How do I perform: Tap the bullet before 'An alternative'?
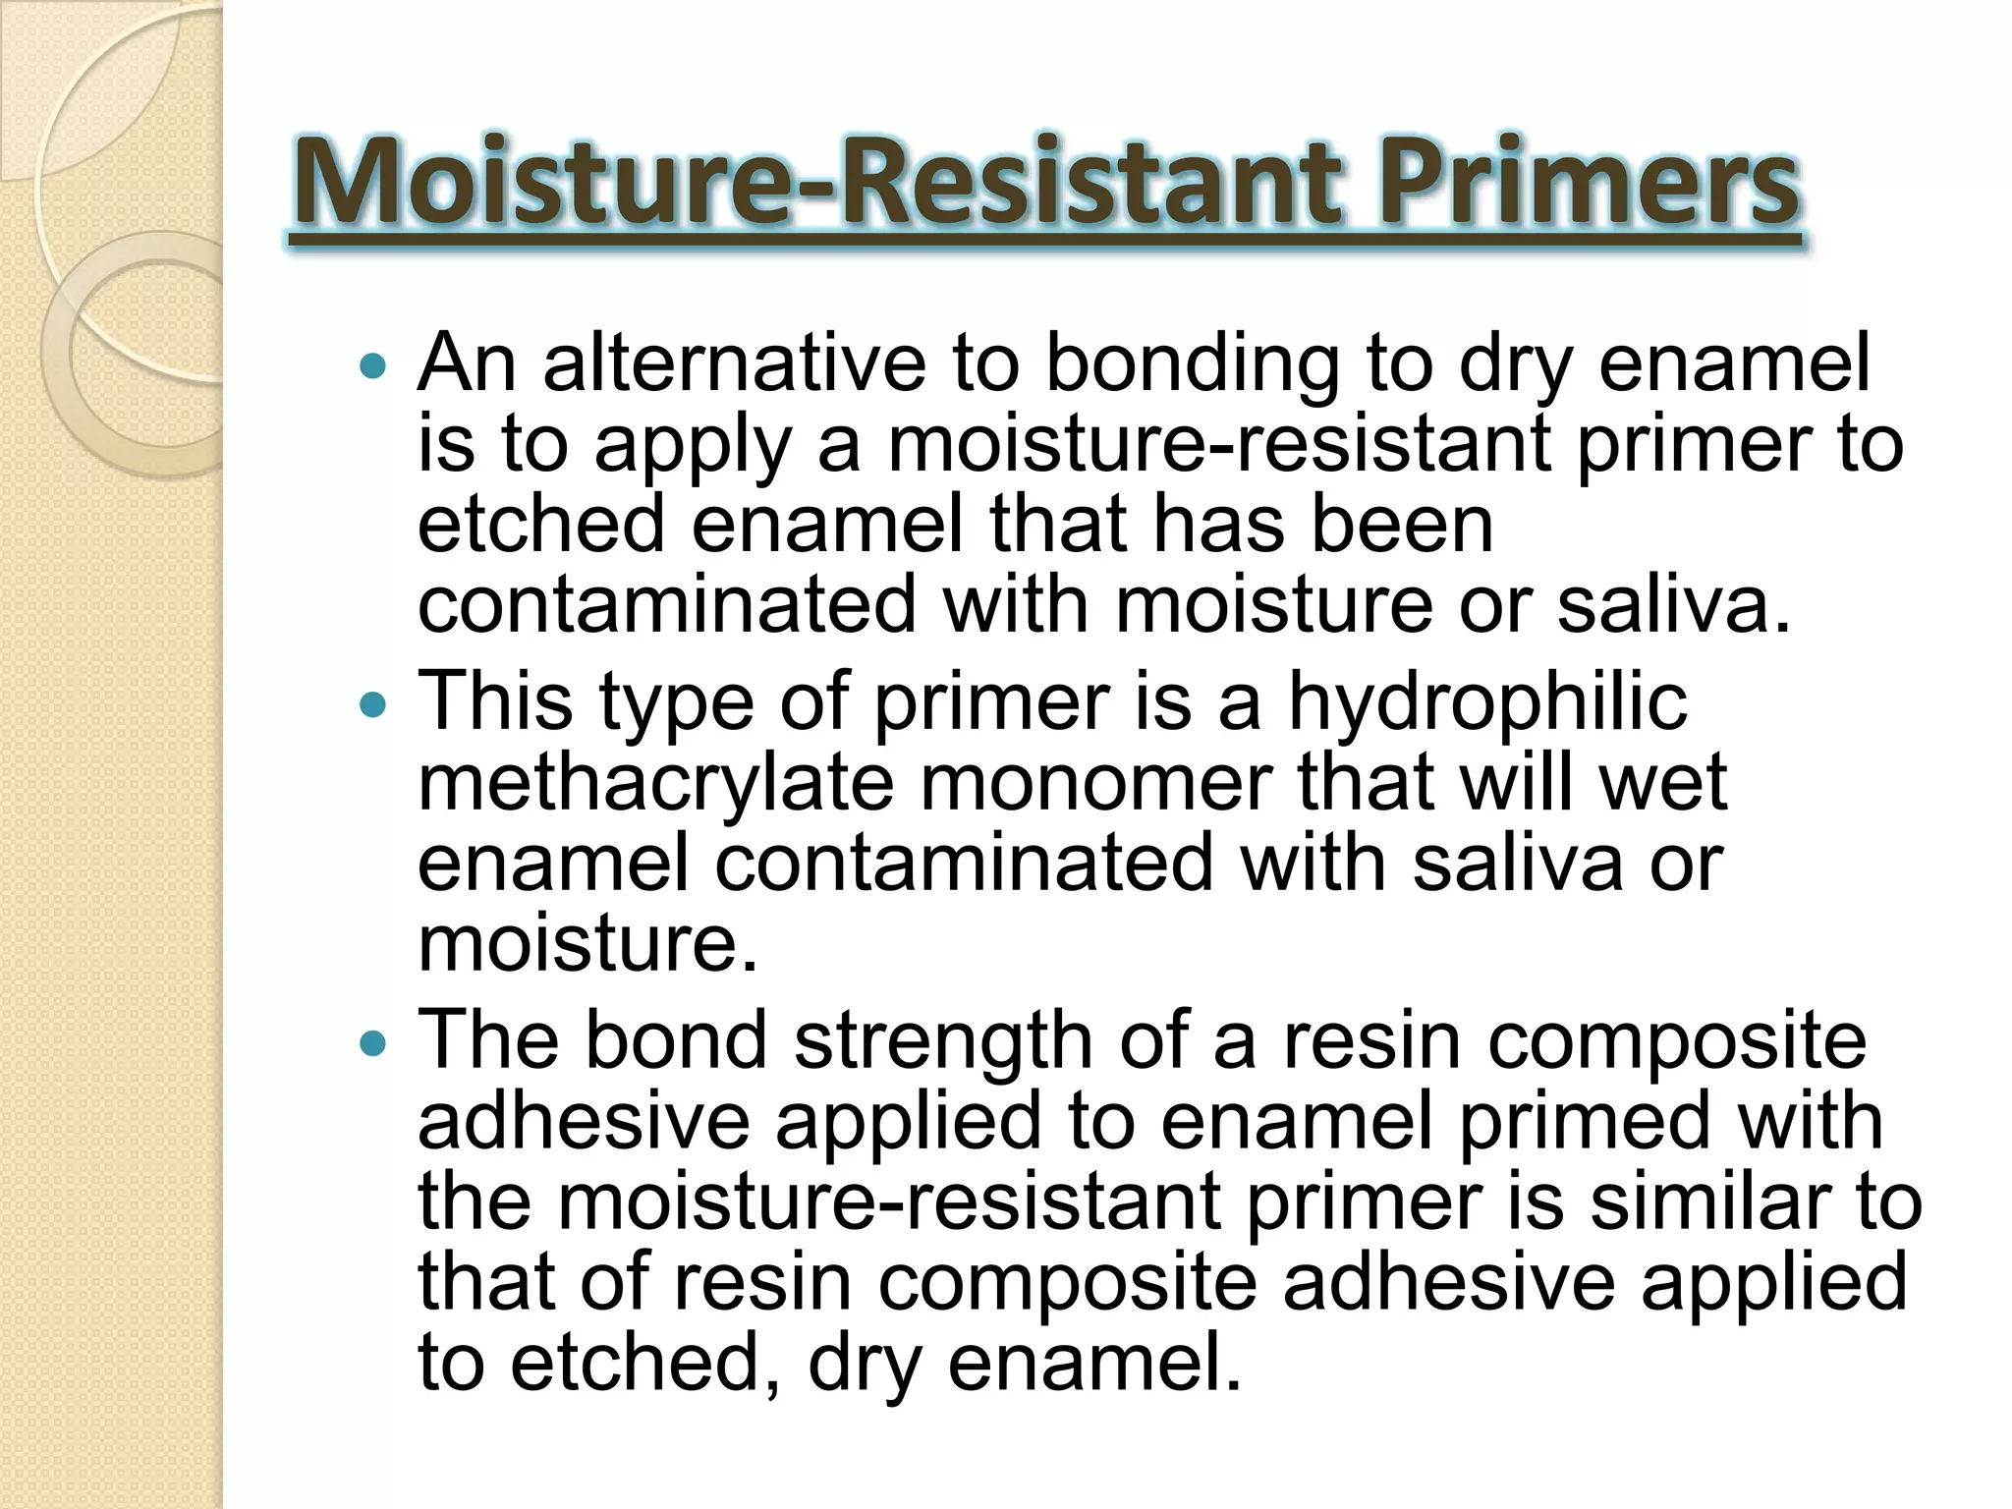pos(373,367)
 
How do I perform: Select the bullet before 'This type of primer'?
pos(373,704)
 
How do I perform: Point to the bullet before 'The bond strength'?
pos(373,1042)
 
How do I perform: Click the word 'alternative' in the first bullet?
pos(734,363)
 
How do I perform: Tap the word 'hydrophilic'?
pos(1487,703)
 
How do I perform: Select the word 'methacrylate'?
pos(656,783)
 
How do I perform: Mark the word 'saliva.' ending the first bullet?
pos(1674,605)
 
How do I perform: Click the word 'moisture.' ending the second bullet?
pos(588,943)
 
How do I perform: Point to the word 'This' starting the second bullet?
pos(495,701)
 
